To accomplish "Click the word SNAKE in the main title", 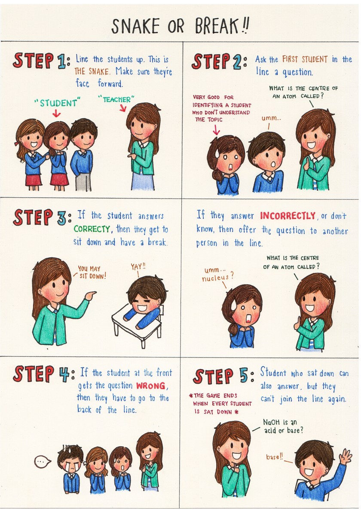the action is (135, 26).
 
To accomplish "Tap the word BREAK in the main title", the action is (217, 26).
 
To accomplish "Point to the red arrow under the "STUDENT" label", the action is (56, 113).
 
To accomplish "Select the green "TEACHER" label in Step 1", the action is (116, 99).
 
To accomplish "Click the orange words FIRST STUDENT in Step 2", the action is (305, 59).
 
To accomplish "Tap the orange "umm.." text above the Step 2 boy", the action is (271, 118).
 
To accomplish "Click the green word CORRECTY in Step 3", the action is (92, 229).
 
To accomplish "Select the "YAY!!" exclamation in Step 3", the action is (138, 267).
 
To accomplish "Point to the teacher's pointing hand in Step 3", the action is (91, 295).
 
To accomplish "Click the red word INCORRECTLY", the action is (288, 216).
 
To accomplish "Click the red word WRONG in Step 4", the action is (150, 386).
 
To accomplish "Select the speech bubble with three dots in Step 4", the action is (43, 461).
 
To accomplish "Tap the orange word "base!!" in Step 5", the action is (275, 457).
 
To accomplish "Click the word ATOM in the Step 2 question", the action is (289, 97).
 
